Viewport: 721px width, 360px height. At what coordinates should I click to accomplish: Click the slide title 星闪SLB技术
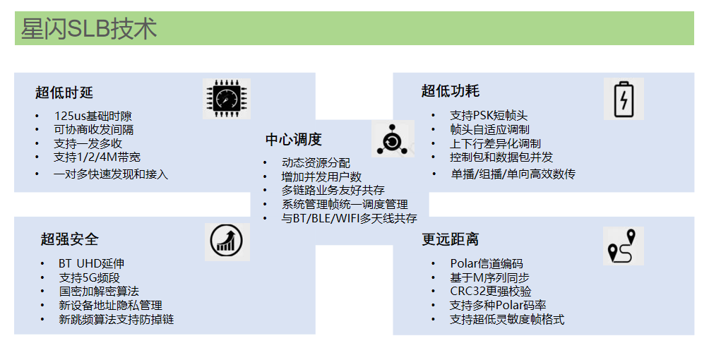coord(89,28)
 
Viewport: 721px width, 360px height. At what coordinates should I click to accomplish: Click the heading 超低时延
coord(64,93)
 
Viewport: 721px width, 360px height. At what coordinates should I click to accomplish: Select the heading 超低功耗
coord(450,91)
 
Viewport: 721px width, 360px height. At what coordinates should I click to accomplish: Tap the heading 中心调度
coord(293,140)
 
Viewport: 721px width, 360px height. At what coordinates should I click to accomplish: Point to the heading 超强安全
coord(69,239)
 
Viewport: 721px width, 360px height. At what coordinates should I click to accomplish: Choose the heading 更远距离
coord(451,239)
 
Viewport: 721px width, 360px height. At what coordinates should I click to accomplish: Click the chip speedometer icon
coord(227,99)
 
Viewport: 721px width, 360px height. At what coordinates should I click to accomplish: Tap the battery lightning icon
coord(624,99)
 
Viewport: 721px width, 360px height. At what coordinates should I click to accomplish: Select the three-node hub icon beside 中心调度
coord(393,139)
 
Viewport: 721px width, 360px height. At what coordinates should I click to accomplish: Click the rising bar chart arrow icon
coord(227,242)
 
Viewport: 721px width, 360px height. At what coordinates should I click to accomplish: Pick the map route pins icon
coord(623,246)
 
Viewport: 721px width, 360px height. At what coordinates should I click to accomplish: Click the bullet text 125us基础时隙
coord(93,116)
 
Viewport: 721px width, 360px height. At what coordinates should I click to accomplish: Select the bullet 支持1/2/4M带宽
coord(97,157)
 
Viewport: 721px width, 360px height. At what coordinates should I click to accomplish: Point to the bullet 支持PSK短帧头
coord(489,115)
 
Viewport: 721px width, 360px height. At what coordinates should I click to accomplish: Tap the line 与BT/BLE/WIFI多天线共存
coord(349,218)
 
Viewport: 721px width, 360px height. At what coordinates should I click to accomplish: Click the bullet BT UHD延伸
coord(92,263)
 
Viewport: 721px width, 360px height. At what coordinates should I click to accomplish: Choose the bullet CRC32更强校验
coord(491,292)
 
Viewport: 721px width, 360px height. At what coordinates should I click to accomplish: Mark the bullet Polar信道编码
coord(487,264)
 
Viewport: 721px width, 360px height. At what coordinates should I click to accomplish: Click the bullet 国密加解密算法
coord(99,291)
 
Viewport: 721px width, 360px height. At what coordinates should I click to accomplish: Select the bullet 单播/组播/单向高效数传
coord(513,174)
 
